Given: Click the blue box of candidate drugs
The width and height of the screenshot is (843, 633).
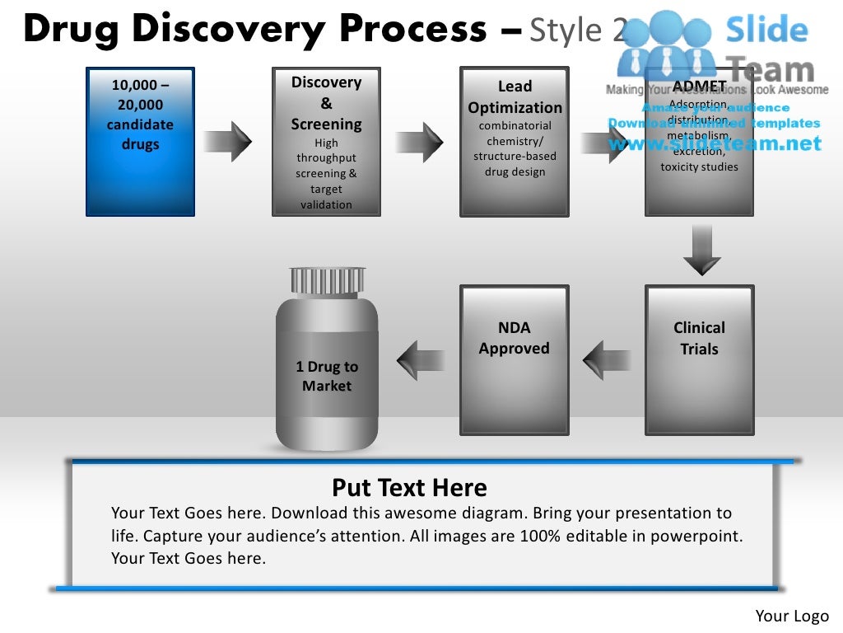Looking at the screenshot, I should click(x=140, y=142).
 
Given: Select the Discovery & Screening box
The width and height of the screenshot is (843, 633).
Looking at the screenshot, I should click(x=326, y=142).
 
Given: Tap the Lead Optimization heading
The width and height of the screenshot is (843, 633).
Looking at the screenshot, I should click(x=515, y=97).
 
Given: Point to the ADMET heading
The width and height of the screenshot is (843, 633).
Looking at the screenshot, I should click(x=699, y=87).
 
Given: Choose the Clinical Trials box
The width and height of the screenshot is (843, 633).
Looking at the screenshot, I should click(x=699, y=359).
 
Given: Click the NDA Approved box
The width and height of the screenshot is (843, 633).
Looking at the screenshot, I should click(x=514, y=359).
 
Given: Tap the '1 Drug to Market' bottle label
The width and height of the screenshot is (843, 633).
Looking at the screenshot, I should click(x=327, y=376).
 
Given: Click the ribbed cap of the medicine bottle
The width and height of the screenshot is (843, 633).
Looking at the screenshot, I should click(x=327, y=281).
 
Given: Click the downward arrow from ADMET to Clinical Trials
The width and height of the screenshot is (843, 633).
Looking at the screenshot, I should click(x=701, y=250).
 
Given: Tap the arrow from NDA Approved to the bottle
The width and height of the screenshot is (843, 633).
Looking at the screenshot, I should click(x=421, y=360).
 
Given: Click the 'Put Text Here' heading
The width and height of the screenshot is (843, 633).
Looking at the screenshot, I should click(x=409, y=487).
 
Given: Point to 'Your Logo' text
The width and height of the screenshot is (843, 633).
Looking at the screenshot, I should click(x=792, y=616).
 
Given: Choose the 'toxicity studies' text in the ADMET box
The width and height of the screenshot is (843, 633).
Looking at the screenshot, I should click(x=699, y=166).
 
